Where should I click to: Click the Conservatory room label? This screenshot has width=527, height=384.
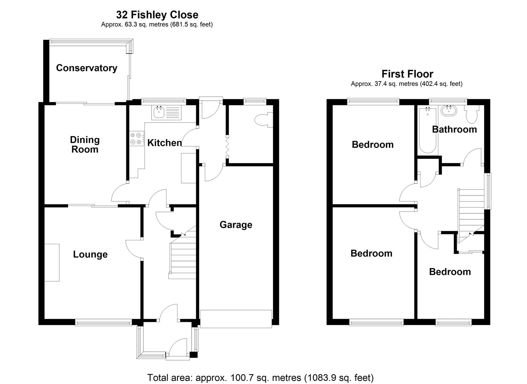point(87,68)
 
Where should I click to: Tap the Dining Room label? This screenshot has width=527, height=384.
point(85,144)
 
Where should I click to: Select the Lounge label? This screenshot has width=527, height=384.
point(90,254)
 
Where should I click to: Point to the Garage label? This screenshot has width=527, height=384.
point(236,225)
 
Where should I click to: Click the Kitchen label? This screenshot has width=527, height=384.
point(164,143)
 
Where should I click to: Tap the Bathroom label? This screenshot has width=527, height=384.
point(454,129)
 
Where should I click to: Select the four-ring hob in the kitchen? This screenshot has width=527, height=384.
point(137,138)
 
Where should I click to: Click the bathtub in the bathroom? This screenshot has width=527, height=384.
point(428,130)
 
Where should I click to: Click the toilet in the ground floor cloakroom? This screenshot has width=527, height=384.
point(264,119)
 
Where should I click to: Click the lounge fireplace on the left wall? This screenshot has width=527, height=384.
point(52,263)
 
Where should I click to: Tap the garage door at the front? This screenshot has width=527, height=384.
point(236,319)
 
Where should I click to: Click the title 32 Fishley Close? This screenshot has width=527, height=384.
point(157,15)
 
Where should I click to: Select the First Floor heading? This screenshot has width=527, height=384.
point(407,74)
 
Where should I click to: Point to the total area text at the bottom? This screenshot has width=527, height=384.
point(260,377)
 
